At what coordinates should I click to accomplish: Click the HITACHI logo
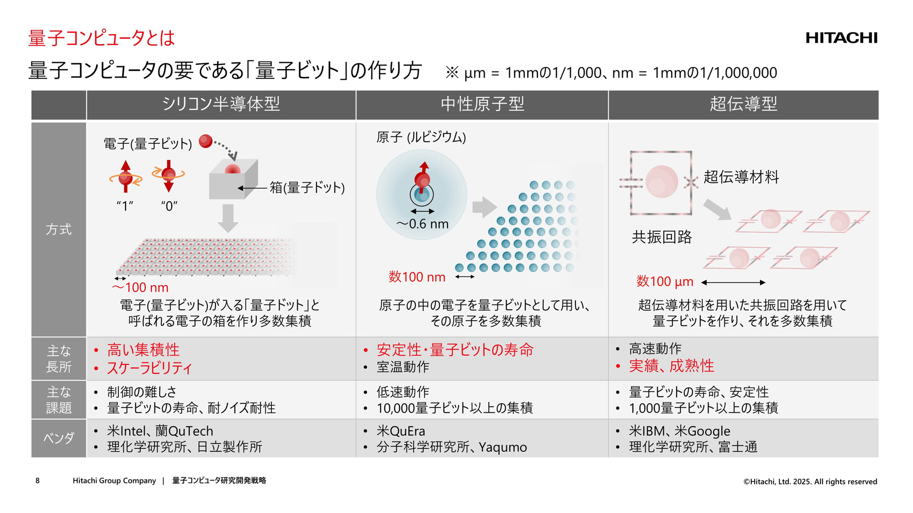pos(841,38)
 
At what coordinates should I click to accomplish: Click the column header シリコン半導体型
pos(221,104)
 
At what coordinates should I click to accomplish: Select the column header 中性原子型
pos(482,104)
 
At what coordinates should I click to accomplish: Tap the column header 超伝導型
pos(743,104)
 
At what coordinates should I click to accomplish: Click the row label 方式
pos(58,229)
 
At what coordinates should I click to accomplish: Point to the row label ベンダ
pos(58,438)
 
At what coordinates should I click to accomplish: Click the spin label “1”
pos(125,206)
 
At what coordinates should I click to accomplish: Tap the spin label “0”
pos(169,206)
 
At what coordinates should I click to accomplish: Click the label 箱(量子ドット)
pos(307,188)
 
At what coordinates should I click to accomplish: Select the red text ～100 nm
pos(140,287)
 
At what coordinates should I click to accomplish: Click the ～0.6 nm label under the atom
pos(422,224)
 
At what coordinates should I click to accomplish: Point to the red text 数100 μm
pos(665,282)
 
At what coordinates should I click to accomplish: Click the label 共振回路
pos(661,237)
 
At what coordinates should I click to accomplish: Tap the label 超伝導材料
pos(741,177)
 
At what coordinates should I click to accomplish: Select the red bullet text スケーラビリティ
pos(149,368)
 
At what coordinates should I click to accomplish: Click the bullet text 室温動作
pos(403,367)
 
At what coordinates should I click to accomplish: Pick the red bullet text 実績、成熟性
pos(671,366)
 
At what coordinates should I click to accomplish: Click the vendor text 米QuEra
pos(401,431)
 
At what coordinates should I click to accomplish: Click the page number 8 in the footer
pos(38,481)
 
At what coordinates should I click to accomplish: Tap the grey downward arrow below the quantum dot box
pos(228,218)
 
